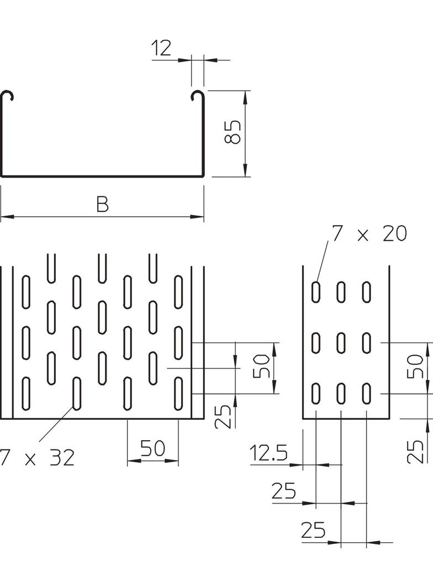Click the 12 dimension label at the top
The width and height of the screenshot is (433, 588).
tap(161, 49)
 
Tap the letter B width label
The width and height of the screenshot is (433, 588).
tap(102, 205)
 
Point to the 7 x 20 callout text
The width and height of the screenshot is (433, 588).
tap(368, 234)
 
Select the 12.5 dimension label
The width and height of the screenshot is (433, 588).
tap(268, 454)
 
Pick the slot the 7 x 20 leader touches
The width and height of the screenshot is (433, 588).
tap(315, 292)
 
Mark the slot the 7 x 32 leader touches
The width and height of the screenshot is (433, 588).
tap(76, 392)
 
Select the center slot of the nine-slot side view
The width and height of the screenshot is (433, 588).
tap(341, 343)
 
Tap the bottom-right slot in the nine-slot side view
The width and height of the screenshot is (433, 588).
tap(366, 393)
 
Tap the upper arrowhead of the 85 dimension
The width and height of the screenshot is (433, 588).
tap(245, 96)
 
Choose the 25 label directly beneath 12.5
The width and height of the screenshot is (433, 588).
tap(283, 491)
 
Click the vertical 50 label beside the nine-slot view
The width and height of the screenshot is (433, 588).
tap(416, 366)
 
